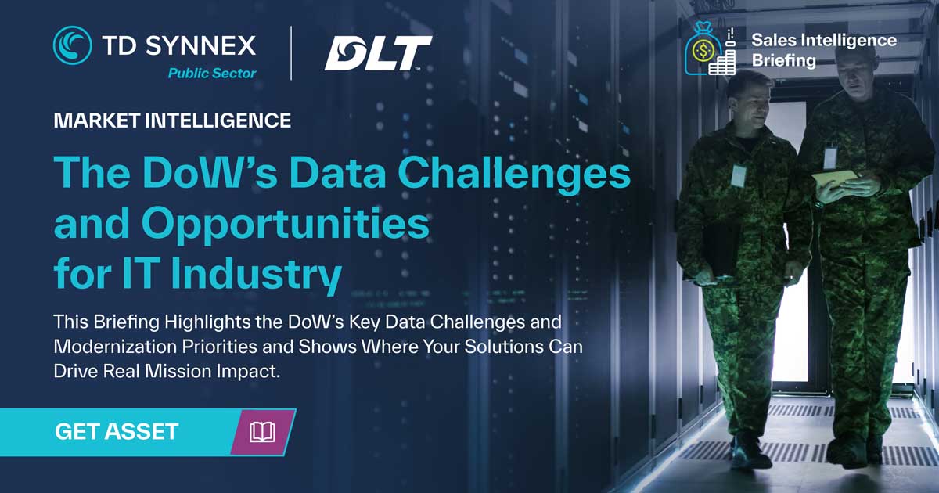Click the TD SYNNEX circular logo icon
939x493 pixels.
pos(72,45)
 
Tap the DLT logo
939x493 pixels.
pos(378,53)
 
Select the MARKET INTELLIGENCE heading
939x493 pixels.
pos(172,121)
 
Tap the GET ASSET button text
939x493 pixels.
pos(117,431)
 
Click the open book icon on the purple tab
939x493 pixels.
pos(262,432)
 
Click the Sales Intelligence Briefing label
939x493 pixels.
pos(823,49)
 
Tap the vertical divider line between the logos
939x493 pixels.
pos(291,53)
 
